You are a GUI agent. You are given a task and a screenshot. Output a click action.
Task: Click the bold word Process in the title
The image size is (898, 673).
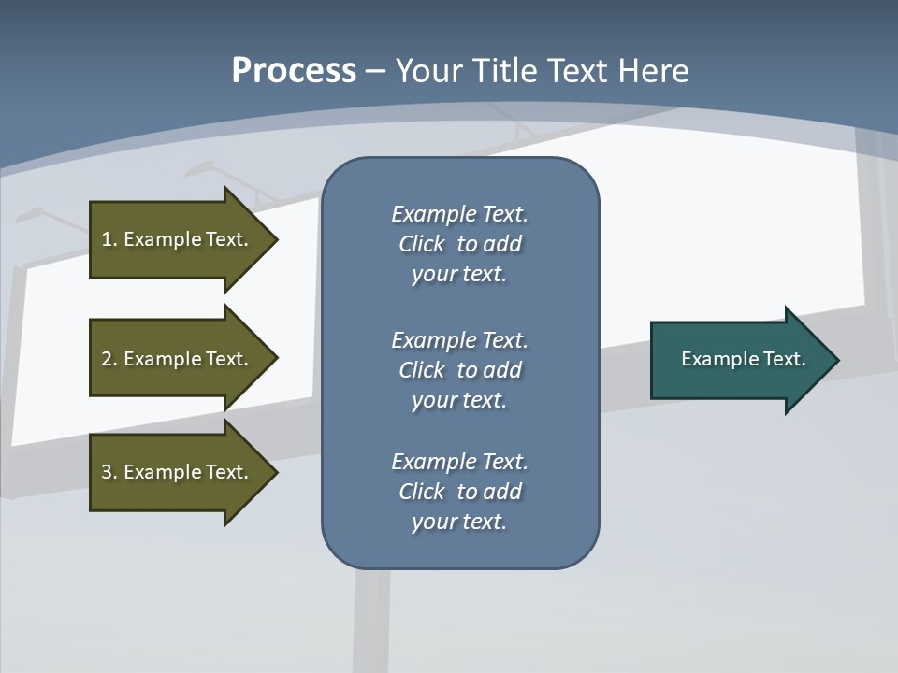[294, 71]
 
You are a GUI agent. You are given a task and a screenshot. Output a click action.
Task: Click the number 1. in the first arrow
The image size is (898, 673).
[109, 239]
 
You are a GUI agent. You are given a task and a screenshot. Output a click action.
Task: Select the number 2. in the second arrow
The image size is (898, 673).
[109, 359]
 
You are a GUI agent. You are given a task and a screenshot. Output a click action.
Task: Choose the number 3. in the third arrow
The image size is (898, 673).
[109, 472]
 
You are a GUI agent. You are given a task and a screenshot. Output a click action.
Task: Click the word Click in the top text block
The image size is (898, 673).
[421, 244]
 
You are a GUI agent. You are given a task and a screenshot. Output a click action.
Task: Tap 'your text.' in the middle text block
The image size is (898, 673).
[459, 400]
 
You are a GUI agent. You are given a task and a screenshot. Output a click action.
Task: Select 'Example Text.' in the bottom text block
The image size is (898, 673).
[459, 462]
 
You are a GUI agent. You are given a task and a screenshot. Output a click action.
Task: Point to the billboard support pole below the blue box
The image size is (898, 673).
[371, 617]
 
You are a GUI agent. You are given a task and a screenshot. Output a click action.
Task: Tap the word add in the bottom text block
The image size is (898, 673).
[502, 492]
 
